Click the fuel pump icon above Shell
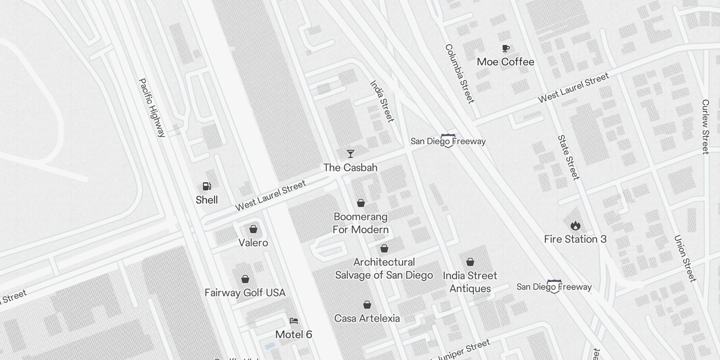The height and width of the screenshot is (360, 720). [207, 186]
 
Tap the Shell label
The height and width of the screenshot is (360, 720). [207, 200]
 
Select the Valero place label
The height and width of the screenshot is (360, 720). [253, 243]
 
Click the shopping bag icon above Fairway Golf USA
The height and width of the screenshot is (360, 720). [245, 279]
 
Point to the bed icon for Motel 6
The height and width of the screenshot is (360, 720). [294, 321]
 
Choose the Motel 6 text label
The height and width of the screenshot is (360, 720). [293, 334]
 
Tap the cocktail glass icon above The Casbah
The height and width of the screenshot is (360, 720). [350, 154]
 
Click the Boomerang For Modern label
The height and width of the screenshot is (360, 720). [360, 223]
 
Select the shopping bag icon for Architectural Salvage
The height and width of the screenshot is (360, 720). [384, 248]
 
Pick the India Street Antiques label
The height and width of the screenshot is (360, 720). [470, 282]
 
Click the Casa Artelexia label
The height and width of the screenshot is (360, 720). [367, 318]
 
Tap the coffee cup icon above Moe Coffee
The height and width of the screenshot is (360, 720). [506, 48]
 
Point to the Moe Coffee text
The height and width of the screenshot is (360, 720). [505, 62]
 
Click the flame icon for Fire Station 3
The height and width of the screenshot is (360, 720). [575, 225]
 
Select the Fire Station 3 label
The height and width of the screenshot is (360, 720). [575, 239]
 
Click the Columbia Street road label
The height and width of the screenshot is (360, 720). [459, 73]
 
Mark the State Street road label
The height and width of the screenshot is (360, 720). [568, 157]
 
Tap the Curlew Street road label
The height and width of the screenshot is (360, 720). [705, 127]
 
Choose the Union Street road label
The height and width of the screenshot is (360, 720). [685, 258]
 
